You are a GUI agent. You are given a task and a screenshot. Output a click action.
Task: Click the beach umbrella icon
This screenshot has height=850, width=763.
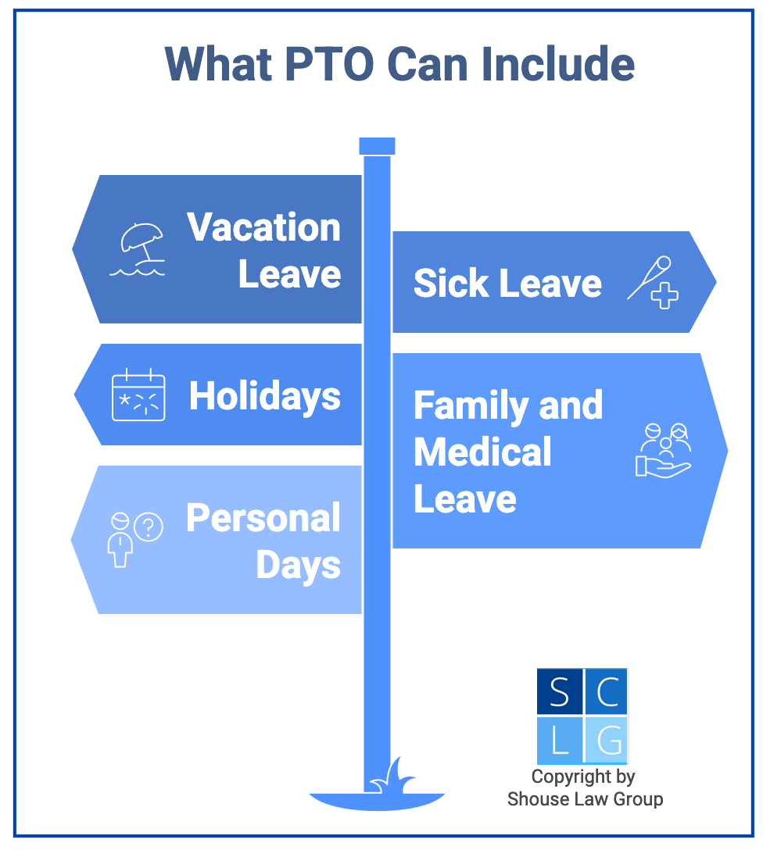pos(138,248)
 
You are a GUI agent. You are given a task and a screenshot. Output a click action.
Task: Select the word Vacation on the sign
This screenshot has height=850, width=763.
pos(264,227)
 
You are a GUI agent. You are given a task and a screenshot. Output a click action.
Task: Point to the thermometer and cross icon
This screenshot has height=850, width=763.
pos(653,282)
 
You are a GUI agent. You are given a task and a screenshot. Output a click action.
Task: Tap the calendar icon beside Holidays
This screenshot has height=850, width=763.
pos(138,395)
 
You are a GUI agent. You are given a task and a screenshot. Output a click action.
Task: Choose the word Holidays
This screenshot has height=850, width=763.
pos(265,396)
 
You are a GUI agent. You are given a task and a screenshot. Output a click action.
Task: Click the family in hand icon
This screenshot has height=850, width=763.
pos(663,450)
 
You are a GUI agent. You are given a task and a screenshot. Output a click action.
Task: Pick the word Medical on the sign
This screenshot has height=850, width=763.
pos(482,452)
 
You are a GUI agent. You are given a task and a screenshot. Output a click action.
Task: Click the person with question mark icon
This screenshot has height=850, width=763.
pos(134,538)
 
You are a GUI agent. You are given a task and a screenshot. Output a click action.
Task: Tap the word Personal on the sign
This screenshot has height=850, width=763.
pos(263,518)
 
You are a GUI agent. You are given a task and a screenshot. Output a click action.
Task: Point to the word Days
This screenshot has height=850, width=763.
pos(298,565)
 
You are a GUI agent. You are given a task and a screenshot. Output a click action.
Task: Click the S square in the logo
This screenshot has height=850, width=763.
pos(559,691)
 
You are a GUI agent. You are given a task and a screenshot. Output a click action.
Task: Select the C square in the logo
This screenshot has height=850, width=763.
pos(606,691)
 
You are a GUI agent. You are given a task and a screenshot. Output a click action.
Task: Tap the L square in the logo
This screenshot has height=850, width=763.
pos(559,739)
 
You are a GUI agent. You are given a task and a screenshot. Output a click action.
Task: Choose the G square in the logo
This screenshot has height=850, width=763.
pos(606,739)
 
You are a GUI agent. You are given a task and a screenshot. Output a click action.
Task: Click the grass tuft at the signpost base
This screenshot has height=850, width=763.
pos(394,777)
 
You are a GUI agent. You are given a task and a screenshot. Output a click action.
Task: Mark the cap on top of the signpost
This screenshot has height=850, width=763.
pos(377,146)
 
